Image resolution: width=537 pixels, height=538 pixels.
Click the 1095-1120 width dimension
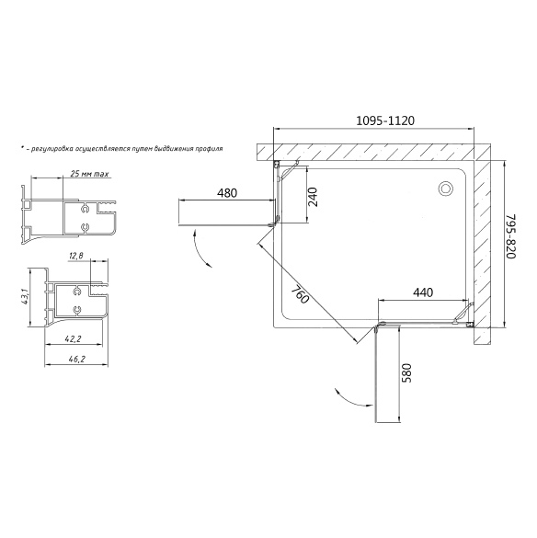[385, 120]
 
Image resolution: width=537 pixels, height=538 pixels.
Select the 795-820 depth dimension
[511, 236]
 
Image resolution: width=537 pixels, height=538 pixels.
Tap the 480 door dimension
[227, 193]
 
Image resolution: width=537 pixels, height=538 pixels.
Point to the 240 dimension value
[313, 197]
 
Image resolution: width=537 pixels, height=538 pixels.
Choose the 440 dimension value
[423, 292]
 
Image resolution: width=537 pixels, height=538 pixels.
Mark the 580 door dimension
[406, 372]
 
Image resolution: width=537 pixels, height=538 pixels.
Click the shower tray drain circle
[446, 189]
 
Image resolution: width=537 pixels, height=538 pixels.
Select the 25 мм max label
[89, 174]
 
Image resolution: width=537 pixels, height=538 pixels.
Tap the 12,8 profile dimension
[75, 256]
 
